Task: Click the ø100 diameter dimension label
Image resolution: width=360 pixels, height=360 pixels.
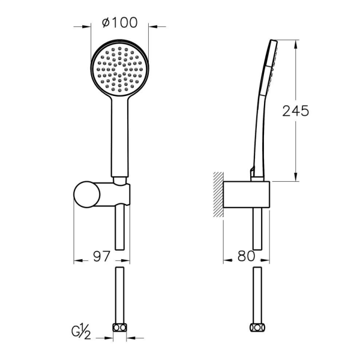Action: pos(119,23)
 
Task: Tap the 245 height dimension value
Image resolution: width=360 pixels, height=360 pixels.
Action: pos(295,111)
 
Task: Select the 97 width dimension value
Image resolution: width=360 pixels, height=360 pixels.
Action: pos(102,256)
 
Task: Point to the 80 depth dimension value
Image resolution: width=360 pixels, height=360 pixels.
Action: pos(247,256)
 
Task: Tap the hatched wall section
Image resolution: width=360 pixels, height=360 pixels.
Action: pos(218,194)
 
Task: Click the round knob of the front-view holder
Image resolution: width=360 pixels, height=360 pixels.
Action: pos(87,194)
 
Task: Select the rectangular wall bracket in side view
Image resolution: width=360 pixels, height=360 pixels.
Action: pos(247,194)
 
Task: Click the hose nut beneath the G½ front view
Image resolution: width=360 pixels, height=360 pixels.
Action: pos(119,328)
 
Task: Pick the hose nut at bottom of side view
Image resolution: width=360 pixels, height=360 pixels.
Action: pos(257,328)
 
